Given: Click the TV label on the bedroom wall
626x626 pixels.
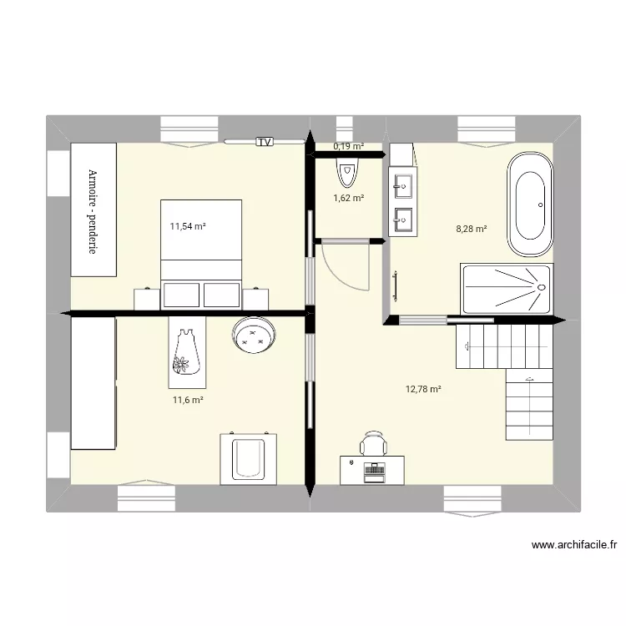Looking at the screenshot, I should click(x=265, y=142).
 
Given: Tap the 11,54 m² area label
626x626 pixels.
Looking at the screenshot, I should click(x=189, y=226).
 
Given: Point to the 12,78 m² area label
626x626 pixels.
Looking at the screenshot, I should click(x=423, y=388).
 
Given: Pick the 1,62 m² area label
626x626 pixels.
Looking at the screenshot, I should click(x=349, y=199).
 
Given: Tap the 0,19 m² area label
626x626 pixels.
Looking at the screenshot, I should click(x=349, y=147).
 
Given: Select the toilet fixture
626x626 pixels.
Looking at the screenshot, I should click(x=346, y=172).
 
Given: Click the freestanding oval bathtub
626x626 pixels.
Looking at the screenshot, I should click(x=529, y=204).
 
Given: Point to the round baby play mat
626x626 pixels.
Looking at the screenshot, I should click(x=253, y=337).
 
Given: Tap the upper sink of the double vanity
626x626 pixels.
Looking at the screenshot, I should click(x=403, y=182).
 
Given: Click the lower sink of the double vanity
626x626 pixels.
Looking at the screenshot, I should click(x=403, y=219).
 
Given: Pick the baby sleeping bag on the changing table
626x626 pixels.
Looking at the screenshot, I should click(x=183, y=351).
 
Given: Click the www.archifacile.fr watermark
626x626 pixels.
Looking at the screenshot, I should click(x=574, y=546).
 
